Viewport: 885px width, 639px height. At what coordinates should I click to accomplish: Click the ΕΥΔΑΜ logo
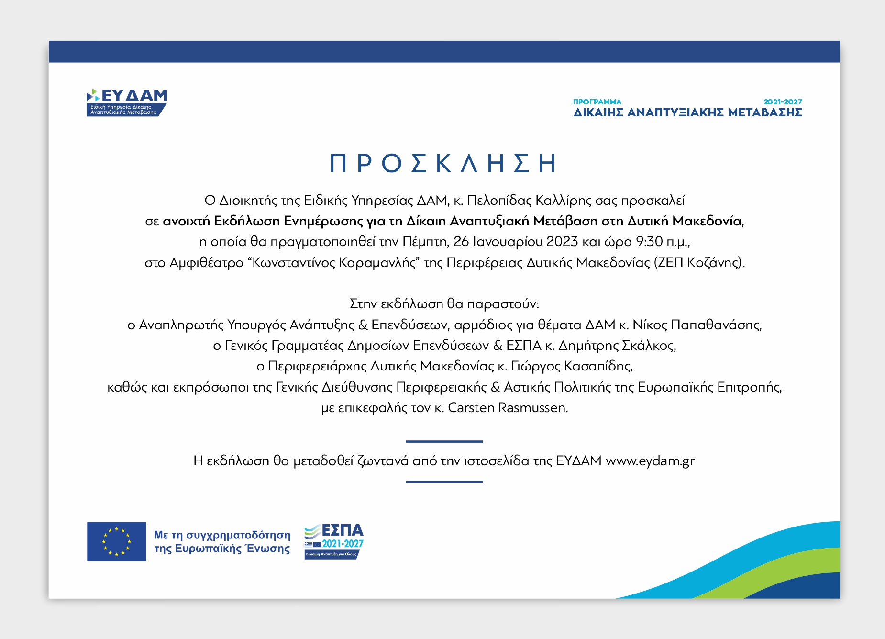click(127, 102)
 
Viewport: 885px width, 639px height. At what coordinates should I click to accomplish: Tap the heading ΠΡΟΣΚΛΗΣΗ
click(443, 164)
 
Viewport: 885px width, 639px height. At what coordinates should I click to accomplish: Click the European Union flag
click(116, 541)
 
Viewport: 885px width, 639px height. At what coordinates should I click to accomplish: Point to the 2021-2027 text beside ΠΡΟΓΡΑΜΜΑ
click(783, 102)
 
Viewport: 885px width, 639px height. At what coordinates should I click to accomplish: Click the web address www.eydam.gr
click(650, 461)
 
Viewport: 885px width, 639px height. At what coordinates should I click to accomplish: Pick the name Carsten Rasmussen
click(508, 408)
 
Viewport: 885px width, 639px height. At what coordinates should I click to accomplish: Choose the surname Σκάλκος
click(648, 346)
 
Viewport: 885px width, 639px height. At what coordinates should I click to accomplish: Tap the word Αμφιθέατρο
click(206, 263)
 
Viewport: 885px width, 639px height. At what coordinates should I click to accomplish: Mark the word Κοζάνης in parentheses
click(714, 263)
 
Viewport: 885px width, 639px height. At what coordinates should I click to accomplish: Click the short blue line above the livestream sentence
click(444, 441)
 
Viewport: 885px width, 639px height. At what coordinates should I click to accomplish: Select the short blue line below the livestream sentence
click(444, 482)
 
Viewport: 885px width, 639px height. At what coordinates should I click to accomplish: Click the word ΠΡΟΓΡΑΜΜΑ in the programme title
click(597, 102)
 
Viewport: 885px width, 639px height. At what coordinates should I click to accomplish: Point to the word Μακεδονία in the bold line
click(707, 221)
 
